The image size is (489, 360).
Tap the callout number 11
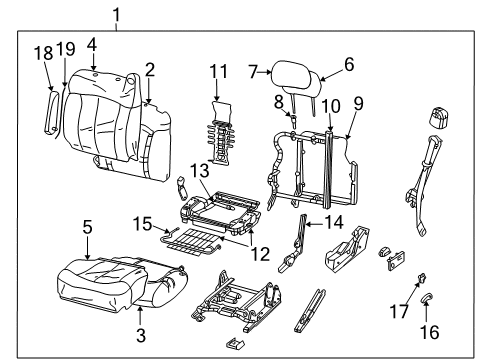218,72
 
